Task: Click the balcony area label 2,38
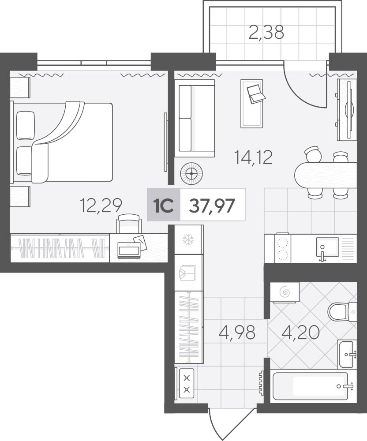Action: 266,33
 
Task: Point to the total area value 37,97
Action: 212,206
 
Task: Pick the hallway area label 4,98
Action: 237,332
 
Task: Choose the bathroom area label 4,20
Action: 301,332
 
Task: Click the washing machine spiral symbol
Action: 285,293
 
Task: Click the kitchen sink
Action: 328,248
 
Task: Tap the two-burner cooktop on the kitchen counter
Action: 283,249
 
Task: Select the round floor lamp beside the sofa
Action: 191,173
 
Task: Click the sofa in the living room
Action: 195,118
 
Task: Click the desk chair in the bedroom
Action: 128,223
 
